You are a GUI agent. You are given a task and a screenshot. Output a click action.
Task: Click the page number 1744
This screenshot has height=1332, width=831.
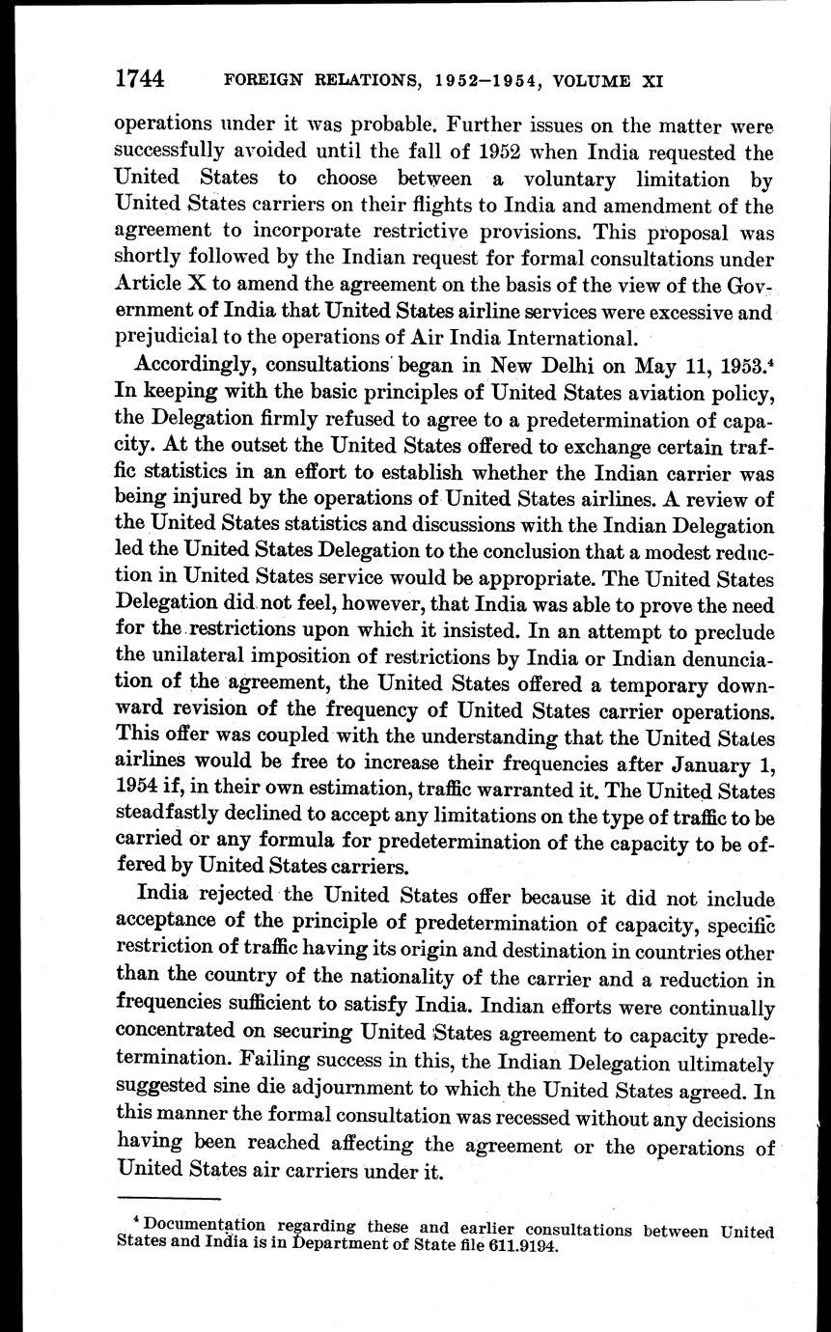tap(142, 79)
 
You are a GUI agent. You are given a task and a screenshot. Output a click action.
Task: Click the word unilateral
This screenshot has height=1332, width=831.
tap(197, 660)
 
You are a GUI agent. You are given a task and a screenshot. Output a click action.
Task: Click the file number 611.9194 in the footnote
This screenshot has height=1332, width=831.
tap(522, 1245)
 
